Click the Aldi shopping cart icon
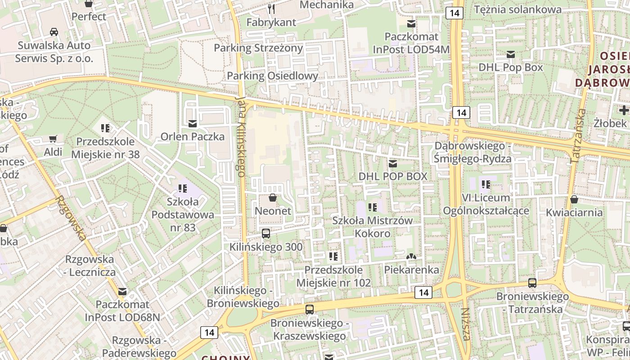click(x=53, y=139)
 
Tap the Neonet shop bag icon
click(x=273, y=198)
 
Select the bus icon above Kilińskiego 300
click(x=266, y=234)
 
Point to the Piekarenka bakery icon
click(x=411, y=256)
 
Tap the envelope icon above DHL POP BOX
click(x=393, y=163)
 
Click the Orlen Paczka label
click(x=193, y=136)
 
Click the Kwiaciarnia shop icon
click(x=574, y=199)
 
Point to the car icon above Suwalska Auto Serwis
click(x=54, y=32)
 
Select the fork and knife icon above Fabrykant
click(x=271, y=9)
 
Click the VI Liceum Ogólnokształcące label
click(x=486, y=204)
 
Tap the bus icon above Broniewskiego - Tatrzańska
click(x=532, y=283)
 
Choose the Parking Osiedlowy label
click(x=272, y=76)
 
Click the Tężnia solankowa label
click(x=517, y=9)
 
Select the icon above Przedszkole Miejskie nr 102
click(x=333, y=256)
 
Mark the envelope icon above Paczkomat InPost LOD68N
click(x=122, y=292)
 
